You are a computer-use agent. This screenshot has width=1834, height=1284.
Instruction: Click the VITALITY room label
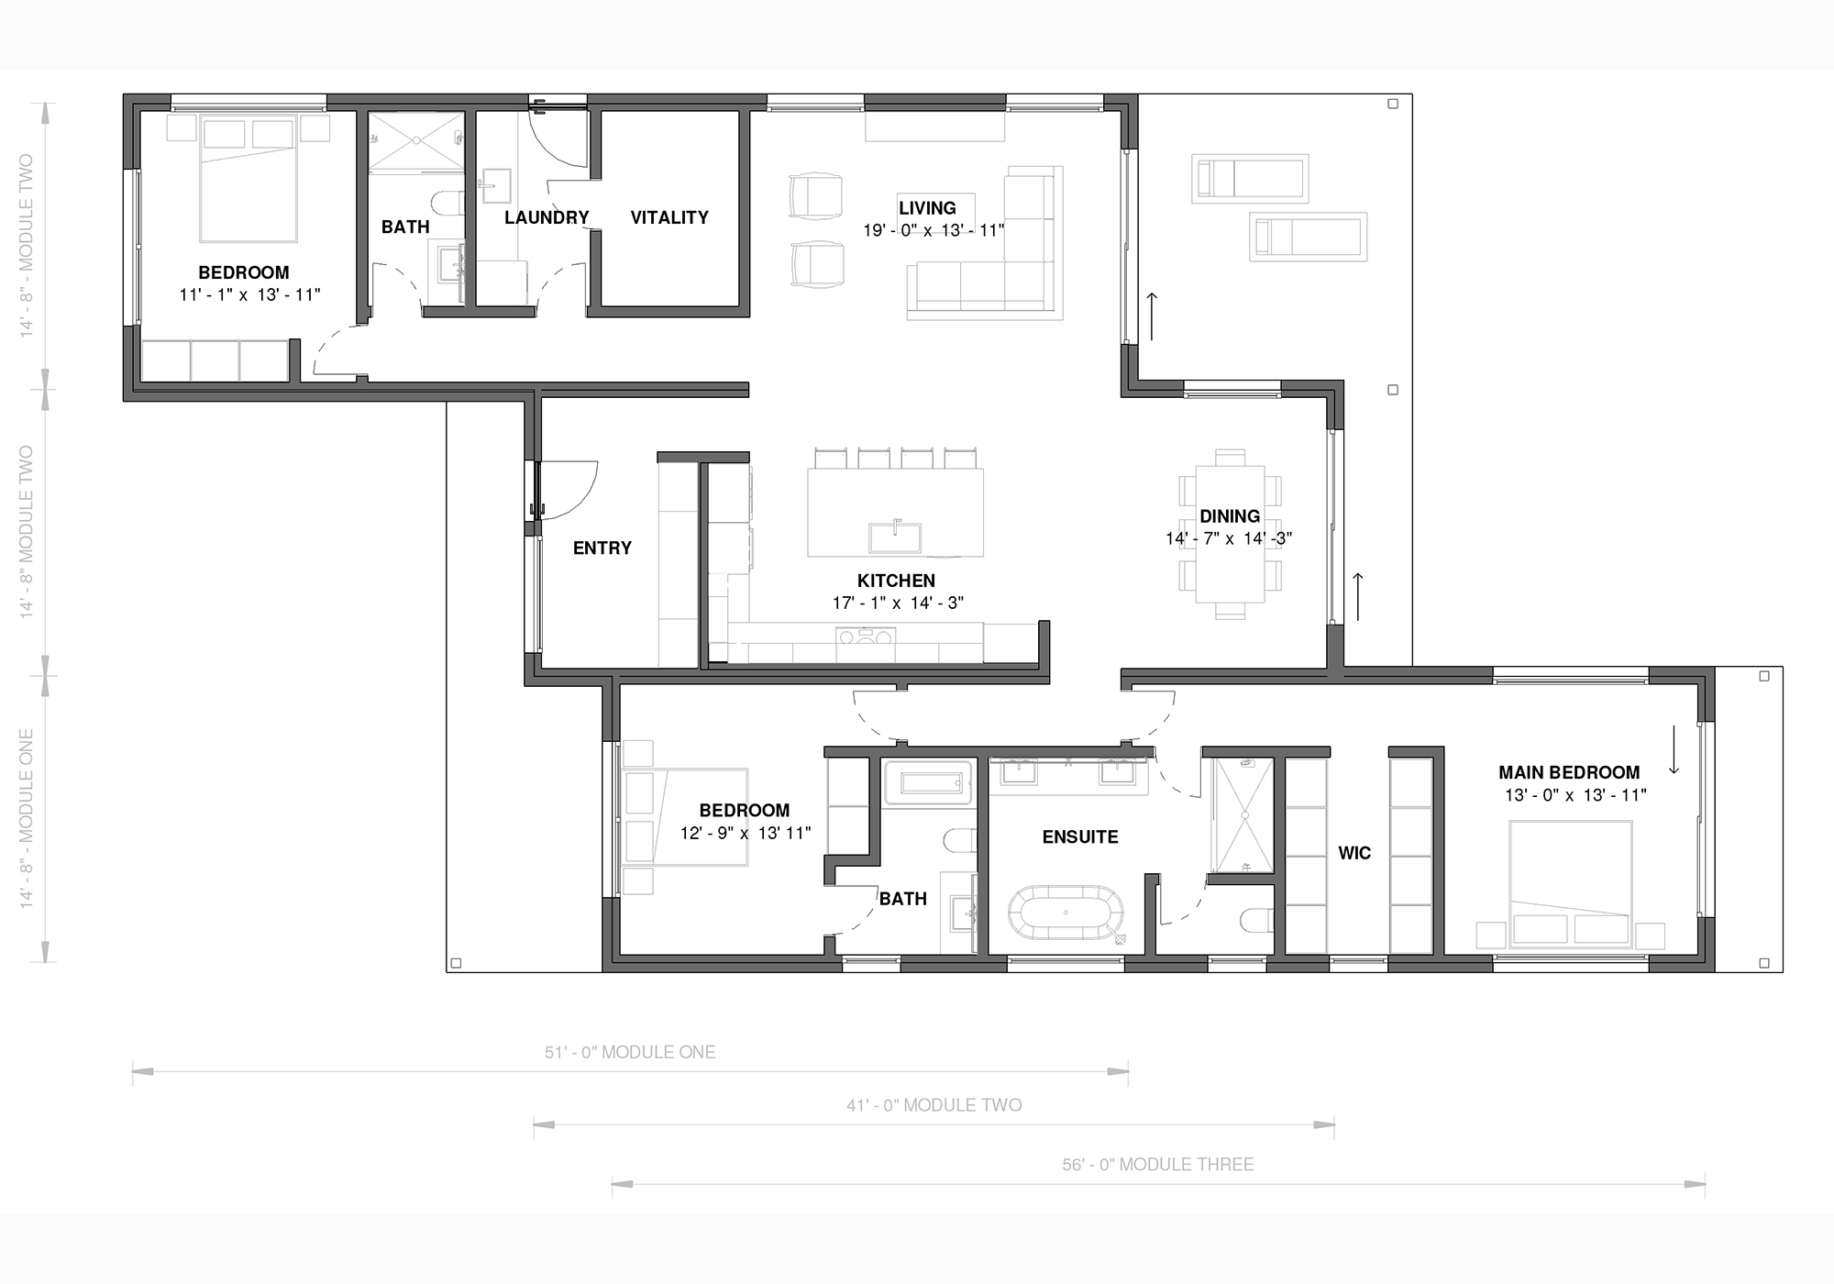coord(669,217)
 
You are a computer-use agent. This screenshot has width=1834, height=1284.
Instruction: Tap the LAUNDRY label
coord(547,217)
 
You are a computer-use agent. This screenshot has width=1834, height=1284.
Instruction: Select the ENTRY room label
coord(602,548)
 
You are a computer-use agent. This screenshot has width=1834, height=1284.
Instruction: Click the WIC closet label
coord(1354,853)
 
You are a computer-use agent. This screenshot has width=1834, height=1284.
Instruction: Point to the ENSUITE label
coord(1080,836)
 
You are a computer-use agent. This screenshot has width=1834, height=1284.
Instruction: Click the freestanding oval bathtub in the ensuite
coord(1066,913)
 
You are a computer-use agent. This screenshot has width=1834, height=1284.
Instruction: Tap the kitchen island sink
coord(895,537)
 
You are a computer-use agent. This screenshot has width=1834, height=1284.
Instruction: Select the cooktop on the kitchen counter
coord(866,636)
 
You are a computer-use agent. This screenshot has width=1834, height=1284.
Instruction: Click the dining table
coord(1230,534)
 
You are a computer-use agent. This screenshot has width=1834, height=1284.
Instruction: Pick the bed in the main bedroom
coord(1571,883)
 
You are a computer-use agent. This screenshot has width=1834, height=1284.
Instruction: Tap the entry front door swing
coord(569,491)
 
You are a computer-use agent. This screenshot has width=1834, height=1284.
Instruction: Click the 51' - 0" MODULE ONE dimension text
coord(630,1052)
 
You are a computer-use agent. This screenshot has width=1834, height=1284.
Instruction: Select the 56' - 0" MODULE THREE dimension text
coord(1158,1164)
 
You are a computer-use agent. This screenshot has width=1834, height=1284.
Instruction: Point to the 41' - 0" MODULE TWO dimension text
coord(934,1105)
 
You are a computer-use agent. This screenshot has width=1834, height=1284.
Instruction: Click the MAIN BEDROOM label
coord(1569,772)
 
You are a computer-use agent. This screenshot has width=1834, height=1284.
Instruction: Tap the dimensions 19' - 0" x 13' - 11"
coord(934,230)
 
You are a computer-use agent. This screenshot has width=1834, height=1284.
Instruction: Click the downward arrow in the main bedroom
coord(1674,749)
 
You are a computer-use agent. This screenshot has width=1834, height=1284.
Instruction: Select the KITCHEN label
coord(896,581)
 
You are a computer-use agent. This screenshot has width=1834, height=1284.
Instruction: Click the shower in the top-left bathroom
coord(416,140)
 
